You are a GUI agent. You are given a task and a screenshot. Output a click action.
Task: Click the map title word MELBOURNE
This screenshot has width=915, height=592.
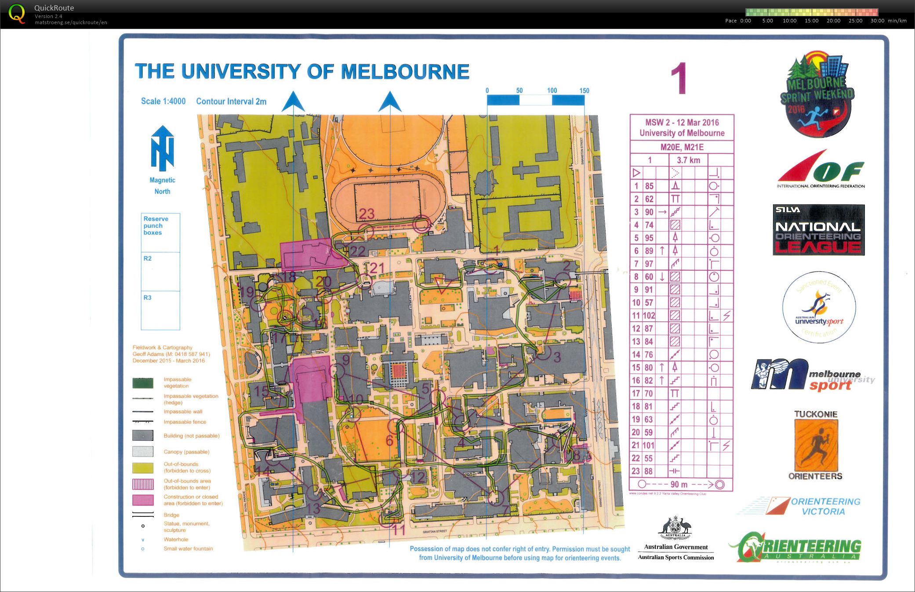405,72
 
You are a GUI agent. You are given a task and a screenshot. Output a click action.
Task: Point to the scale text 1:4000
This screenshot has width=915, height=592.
174,101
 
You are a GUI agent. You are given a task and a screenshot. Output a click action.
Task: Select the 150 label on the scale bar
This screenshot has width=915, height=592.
584,91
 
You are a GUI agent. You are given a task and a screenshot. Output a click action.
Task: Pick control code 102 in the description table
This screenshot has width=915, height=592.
649,316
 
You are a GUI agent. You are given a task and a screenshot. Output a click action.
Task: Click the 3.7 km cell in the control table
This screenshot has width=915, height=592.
688,160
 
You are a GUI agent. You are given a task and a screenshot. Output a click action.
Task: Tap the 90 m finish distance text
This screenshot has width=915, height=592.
679,484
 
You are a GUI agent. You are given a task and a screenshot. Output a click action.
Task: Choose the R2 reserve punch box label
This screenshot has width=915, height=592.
148,258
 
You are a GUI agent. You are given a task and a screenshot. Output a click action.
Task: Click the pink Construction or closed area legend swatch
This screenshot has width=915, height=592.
143,500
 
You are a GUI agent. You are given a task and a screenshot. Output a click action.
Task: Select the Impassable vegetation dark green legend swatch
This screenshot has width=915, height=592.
143,383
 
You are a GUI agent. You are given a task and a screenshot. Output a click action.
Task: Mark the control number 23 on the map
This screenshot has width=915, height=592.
367,214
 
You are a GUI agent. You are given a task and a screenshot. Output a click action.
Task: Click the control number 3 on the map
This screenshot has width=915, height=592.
557,356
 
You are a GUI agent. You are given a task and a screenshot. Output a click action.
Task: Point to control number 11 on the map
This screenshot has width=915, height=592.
398,530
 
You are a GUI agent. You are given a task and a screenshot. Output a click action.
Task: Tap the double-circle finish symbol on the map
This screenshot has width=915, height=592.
422,225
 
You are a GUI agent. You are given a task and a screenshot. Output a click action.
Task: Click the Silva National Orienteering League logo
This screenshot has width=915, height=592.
818,230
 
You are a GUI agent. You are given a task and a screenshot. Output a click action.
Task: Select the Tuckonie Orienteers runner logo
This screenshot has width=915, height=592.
816,446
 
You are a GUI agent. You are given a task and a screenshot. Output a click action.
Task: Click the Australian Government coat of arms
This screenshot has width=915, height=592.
675,529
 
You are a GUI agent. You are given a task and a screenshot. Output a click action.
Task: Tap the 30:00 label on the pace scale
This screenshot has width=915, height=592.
877,21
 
